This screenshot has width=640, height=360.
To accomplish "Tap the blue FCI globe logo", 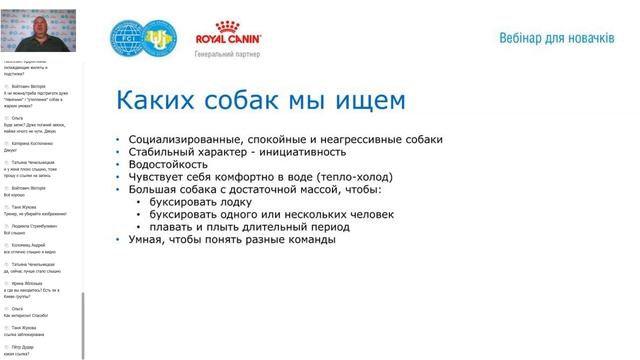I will point(131,40).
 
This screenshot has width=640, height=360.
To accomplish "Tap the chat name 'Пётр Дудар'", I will point(25,345).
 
